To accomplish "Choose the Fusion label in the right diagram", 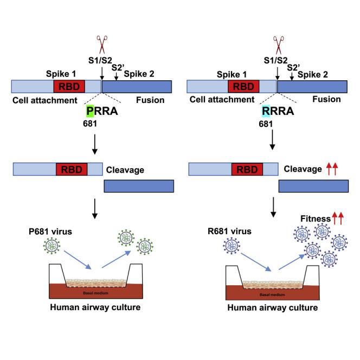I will click(x=327, y=99).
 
